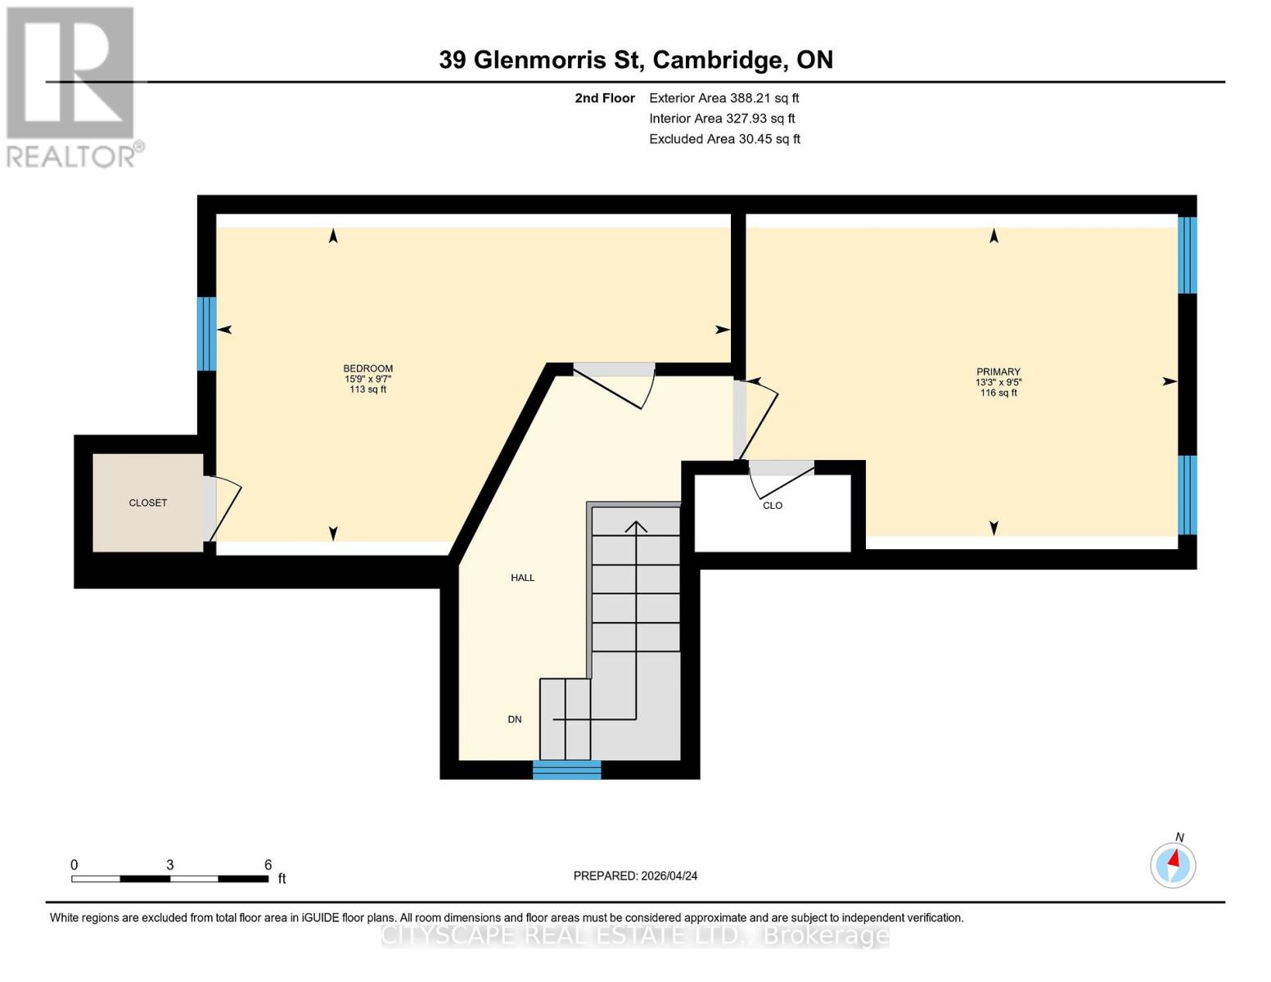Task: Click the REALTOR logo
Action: click(x=72, y=86)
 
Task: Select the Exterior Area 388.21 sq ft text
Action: click(x=723, y=98)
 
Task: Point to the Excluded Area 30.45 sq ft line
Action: click(x=724, y=139)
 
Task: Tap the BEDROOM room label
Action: click(x=367, y=368)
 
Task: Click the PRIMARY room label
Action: click(x=998, y=372)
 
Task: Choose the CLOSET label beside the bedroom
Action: click(x=148, y=502)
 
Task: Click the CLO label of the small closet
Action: click(x=773, y=506)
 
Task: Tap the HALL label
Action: click(x=523, y=578)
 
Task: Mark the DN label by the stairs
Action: click(x=515, y=719)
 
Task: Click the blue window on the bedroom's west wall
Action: click(x=207, y=333)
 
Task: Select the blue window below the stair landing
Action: click(x=566, y=769)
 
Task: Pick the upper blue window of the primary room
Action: click(x=1187, y=255)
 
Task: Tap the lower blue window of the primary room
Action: click(x=1187, y=494)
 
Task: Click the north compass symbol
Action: click(x=1173, y=864)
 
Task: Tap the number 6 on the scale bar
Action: click(x=268, y=864)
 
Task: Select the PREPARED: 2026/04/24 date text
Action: click(x=635, y=876)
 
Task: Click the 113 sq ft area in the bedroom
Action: click(x=367, y=390)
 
